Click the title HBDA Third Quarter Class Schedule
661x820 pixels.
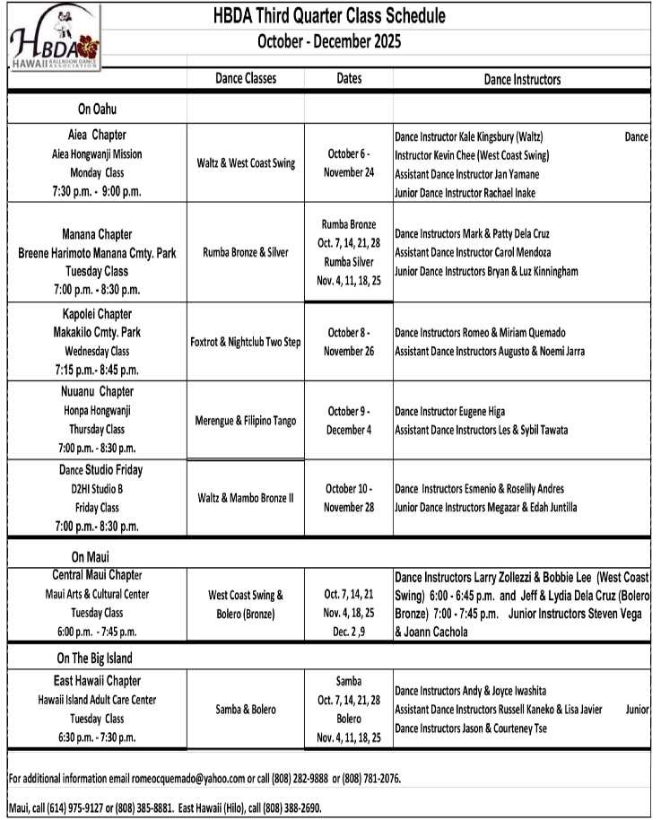tap(329, 16)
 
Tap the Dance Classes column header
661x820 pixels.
tap(246, 79)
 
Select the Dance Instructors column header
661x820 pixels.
tap(522, 79)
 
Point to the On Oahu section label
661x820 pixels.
tap(97, 109)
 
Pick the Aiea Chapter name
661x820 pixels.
tap(97, 135)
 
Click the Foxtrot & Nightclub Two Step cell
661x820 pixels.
tap(246, 342)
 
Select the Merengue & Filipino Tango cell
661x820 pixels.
tap(246, 421)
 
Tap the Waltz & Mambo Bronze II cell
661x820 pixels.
tap(246, 498)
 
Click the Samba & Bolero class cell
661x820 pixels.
tap(246, 710)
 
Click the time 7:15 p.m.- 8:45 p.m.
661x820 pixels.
tap(97, 370)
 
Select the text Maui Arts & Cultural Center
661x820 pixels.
tap(97, 594)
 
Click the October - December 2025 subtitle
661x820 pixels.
tap(329, 41)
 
